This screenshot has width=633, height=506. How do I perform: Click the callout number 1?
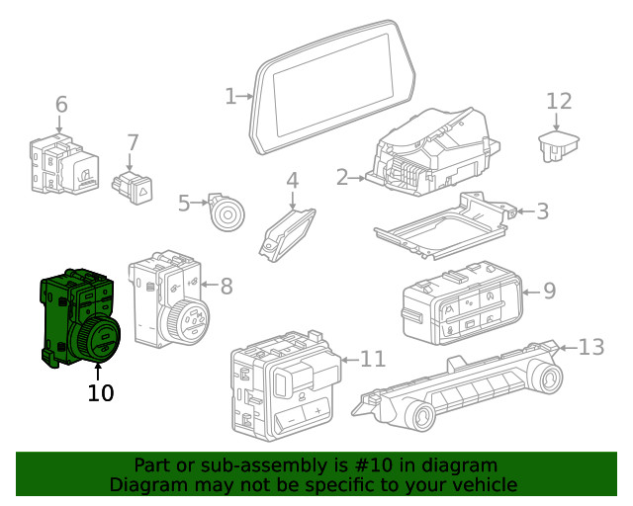[230, 97]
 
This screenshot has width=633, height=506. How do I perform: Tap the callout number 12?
[559, 101]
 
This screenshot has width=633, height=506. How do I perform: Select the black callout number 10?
[101, 392]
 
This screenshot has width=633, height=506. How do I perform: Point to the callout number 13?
[591, 347]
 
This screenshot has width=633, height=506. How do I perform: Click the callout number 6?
[61, 105]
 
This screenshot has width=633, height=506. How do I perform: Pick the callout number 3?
[542, 211]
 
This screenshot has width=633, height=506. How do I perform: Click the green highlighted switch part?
[80, 319]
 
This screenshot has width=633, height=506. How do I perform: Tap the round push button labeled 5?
[227, 214]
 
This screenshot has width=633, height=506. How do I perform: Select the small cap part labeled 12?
[558, 145]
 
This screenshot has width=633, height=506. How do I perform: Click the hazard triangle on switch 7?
[143, 192]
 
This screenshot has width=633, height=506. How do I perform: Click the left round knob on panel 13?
[420, 417]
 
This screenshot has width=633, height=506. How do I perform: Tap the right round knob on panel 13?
[547, 379]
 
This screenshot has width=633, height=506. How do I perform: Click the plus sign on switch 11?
[318, 411]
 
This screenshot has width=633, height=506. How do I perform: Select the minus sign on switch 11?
[292, 420]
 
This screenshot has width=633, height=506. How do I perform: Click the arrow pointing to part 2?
[357, 178]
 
